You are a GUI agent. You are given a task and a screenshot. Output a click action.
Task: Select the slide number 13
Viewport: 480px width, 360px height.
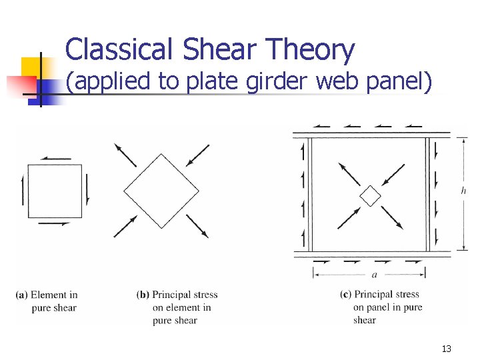click(x=446, y=349)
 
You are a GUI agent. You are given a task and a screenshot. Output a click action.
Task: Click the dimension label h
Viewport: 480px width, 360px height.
click(x=463, y=191)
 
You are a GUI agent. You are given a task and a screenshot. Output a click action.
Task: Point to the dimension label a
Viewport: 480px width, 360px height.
click(x=375, y=274)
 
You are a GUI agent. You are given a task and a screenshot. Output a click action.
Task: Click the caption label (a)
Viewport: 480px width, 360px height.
click(x=21, y=295)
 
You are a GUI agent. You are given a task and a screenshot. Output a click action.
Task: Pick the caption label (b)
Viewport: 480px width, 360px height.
click(x=143, y=295)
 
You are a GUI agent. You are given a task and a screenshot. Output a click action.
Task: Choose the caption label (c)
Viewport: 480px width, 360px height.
click(x=345, y=294)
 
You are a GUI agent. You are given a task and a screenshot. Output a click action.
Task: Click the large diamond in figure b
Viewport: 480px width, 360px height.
click(x=161, y=191)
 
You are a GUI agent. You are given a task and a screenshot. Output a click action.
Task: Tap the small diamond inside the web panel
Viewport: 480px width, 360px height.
click(x=370, y=196)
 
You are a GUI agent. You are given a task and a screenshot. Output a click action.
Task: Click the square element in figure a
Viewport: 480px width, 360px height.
click(x=55, y=191)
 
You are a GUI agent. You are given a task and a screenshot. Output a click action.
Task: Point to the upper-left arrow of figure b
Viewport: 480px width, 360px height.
click(x=125, y=155)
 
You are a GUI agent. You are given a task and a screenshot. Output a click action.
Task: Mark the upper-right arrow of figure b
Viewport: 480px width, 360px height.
click(x=198, y=155)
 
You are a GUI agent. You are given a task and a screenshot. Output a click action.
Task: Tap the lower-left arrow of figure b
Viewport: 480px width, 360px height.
click(x=125, y=226)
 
